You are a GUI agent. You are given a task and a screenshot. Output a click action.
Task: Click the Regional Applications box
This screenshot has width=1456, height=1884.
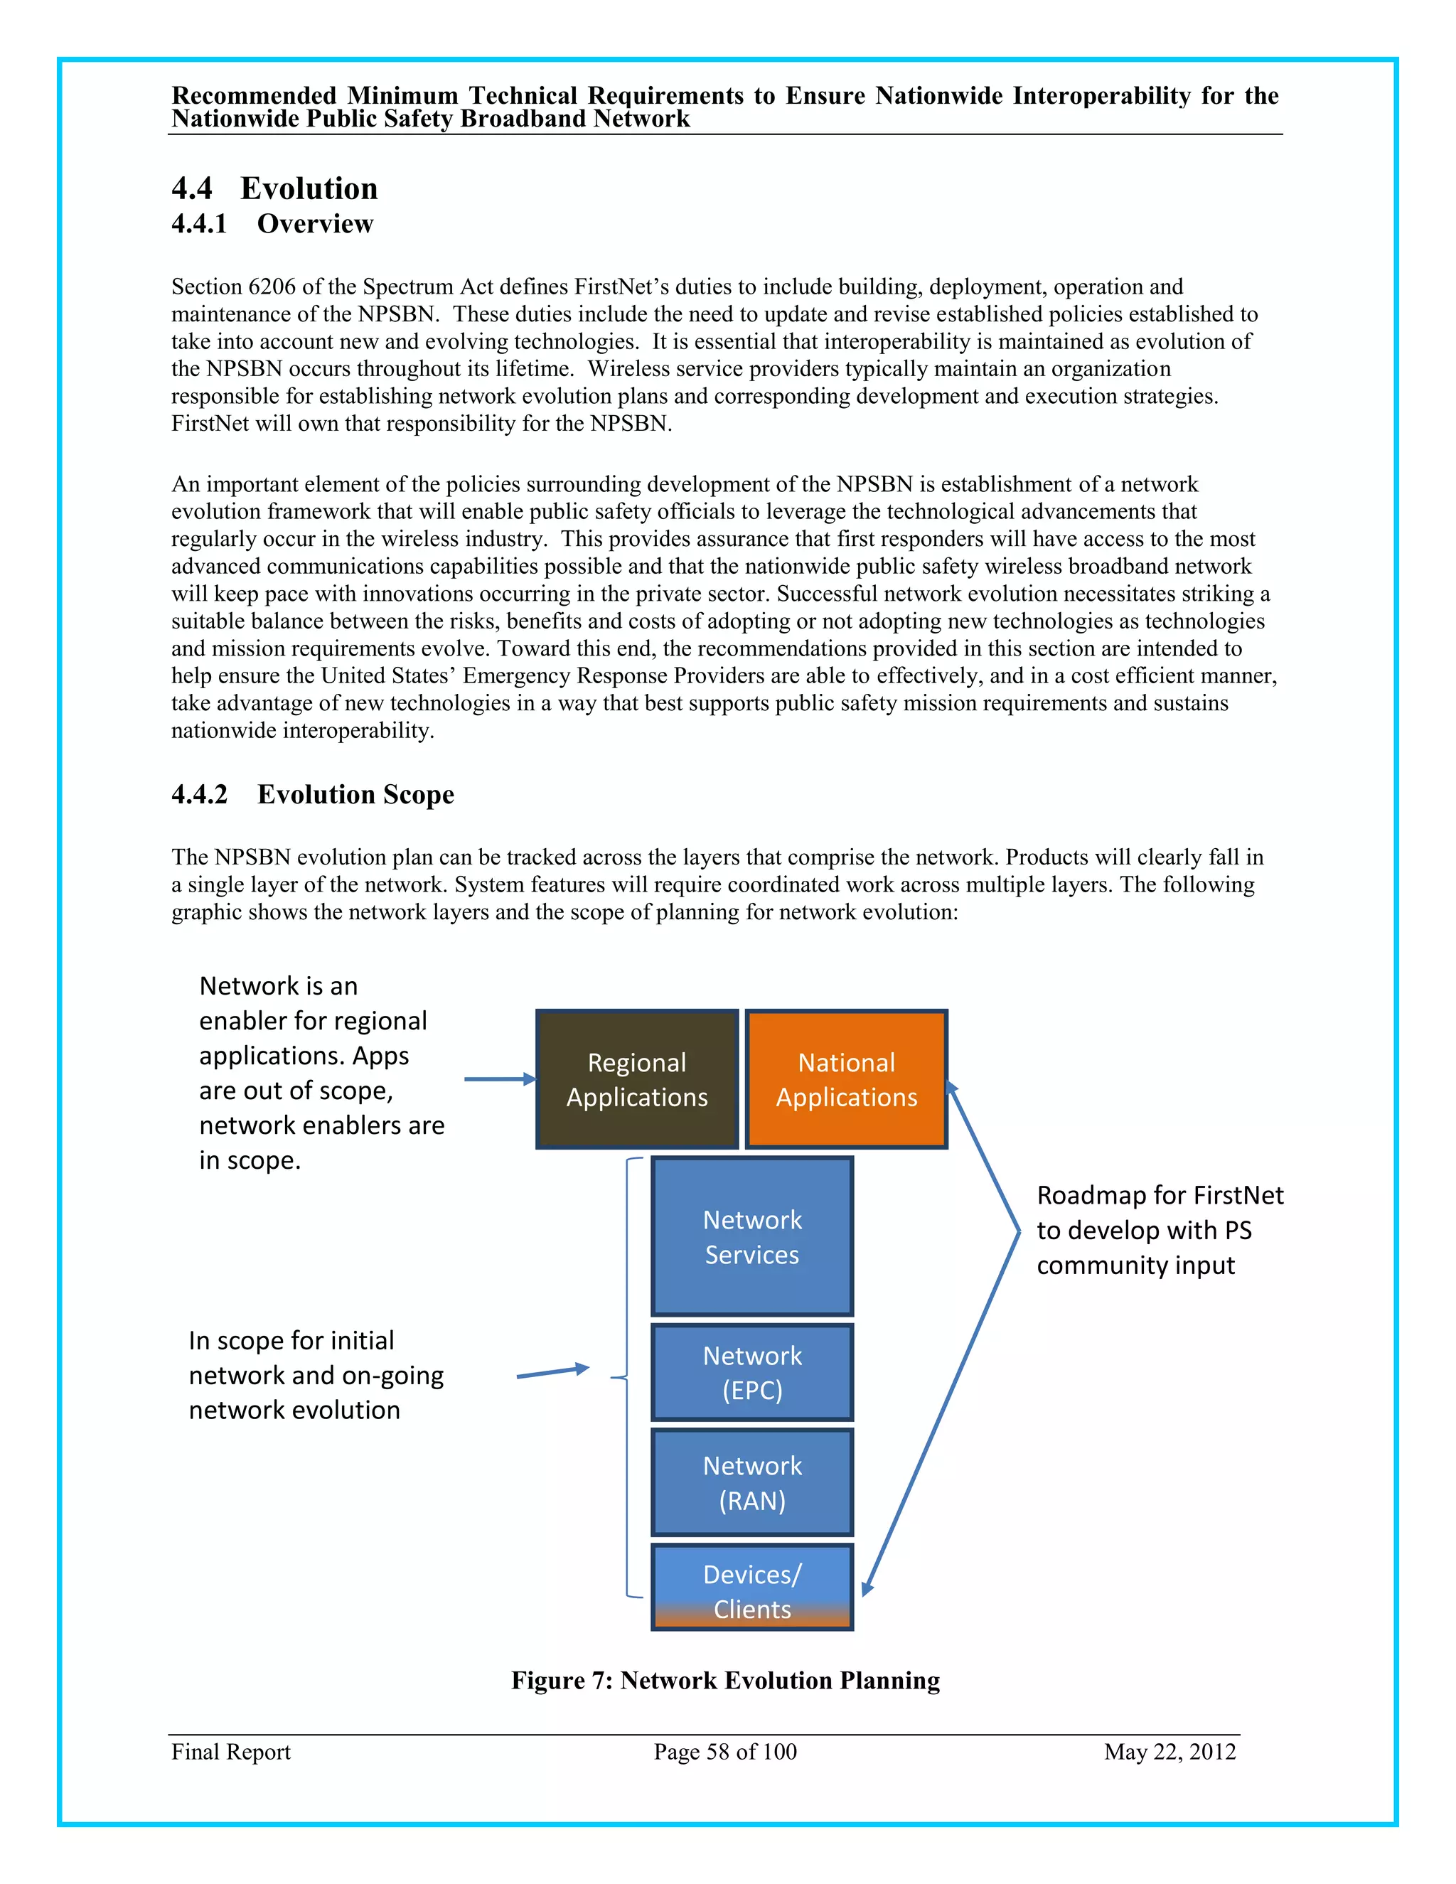636,1079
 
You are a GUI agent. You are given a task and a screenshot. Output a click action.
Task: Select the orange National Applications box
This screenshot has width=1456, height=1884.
846,1079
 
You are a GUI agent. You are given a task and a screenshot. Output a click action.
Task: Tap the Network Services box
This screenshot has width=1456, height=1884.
752,1236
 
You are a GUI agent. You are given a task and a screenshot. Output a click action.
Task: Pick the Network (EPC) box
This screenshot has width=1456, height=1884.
752,1371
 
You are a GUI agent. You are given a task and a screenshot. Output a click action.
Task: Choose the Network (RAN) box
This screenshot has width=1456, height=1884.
752,1482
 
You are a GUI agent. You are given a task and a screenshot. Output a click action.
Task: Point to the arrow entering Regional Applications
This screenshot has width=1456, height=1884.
499,1079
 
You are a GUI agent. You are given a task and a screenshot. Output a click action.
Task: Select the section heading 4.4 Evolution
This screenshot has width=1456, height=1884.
274,188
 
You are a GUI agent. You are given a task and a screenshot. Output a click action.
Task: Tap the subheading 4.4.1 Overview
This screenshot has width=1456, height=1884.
272,223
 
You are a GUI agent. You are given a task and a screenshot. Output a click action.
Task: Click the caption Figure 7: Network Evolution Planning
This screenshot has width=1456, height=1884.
725,1681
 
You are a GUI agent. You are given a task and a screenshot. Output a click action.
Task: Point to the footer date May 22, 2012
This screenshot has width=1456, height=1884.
1169,1752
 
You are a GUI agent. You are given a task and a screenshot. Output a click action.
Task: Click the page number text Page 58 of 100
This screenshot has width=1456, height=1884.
724,1752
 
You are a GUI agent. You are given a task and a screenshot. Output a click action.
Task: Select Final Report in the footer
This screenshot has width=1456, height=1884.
230,1752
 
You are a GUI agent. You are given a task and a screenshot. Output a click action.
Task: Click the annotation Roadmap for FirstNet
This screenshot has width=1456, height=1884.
1160,1196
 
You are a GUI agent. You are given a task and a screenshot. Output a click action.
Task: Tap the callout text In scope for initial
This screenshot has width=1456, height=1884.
291,1341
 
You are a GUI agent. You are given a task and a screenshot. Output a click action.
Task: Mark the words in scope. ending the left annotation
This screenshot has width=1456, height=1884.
250,1161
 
